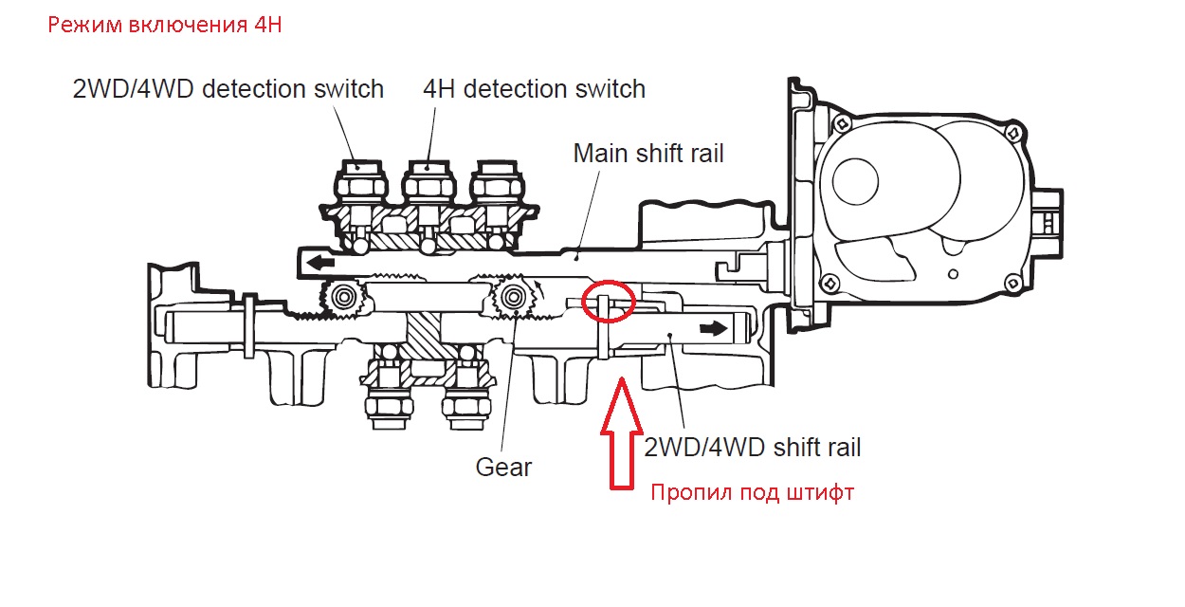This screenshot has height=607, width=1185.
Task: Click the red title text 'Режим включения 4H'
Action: pyautogui.click(x=165, y=26)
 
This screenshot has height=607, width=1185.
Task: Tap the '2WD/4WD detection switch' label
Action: pyautogui.click(x=228, y=89)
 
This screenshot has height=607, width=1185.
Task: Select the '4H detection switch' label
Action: pyautogui.click(x=535, y=89)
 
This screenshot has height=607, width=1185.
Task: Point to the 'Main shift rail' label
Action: pyautogui.click(x=648, y=154)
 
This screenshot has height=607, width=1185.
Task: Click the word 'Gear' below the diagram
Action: pyautogui.click(x=503, y=468)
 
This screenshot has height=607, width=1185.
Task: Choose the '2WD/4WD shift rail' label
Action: pyautogui.click(x=753, y=448)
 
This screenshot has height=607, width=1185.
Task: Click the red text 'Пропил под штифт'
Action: pyautogui.click(x=753, y=492)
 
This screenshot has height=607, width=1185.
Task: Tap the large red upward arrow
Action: pyautogui.click(x=622, y=432)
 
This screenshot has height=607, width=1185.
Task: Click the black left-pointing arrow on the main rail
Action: pyautogui.click(x=320, y=262)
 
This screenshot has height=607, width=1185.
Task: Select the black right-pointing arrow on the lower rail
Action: pyautogui.click(x=713, y=329)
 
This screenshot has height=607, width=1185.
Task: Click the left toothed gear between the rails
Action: pyautogui.click(x=343, y=298)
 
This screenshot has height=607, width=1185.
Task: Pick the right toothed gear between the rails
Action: pyautogui.click(x=513, y=298)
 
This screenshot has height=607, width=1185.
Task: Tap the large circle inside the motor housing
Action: pyautogui.click(x=855, y=181)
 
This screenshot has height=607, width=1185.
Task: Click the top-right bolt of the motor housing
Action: pyautogui.click(x=1013, y=132)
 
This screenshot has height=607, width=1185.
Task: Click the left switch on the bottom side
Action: pyautogui.click(x=389, y=386)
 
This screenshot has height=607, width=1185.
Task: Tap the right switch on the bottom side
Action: pyautogui.click(x=465, y=386)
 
